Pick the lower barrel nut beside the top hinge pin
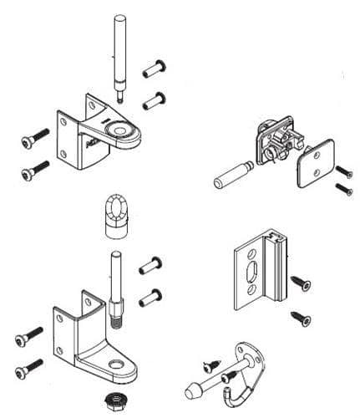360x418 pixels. [152, 101]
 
